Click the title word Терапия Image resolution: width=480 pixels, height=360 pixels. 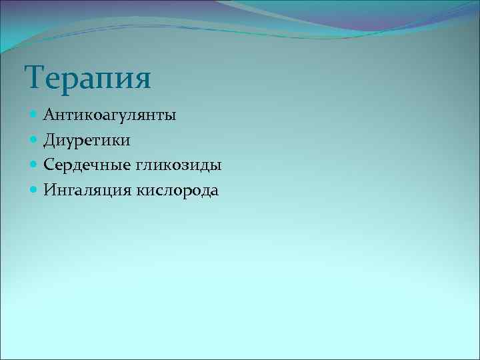(x=89, y=77)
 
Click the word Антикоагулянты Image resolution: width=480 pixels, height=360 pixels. (x=110, y=115)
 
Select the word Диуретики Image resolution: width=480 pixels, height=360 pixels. (x=87, y=141)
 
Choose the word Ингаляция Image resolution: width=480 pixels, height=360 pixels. (x=87, y=191)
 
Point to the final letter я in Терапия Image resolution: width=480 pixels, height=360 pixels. (x=141, y=79)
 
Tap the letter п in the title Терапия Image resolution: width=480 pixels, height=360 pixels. (x=102, y=79)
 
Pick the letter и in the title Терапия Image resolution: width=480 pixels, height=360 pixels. (x=122, y=79)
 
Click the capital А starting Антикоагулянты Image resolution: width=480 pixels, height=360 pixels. (x=49, y=115)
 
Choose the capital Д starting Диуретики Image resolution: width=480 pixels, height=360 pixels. (x=50, y=141)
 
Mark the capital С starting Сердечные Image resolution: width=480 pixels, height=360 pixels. (x=49, y=165)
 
